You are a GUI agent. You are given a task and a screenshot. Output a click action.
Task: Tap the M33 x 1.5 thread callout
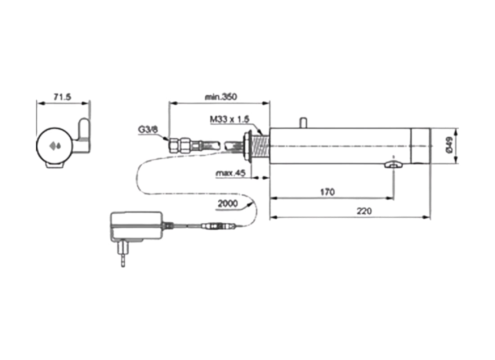[229, 120]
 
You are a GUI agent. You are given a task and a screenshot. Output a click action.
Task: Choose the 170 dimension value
[327, 192]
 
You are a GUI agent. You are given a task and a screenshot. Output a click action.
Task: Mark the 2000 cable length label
[228, 203]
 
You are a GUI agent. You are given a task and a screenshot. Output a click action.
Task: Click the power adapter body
[136, 226]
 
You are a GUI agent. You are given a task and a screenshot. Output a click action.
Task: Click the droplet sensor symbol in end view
[55, 146]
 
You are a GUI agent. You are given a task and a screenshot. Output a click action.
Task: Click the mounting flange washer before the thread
[247, 145]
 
